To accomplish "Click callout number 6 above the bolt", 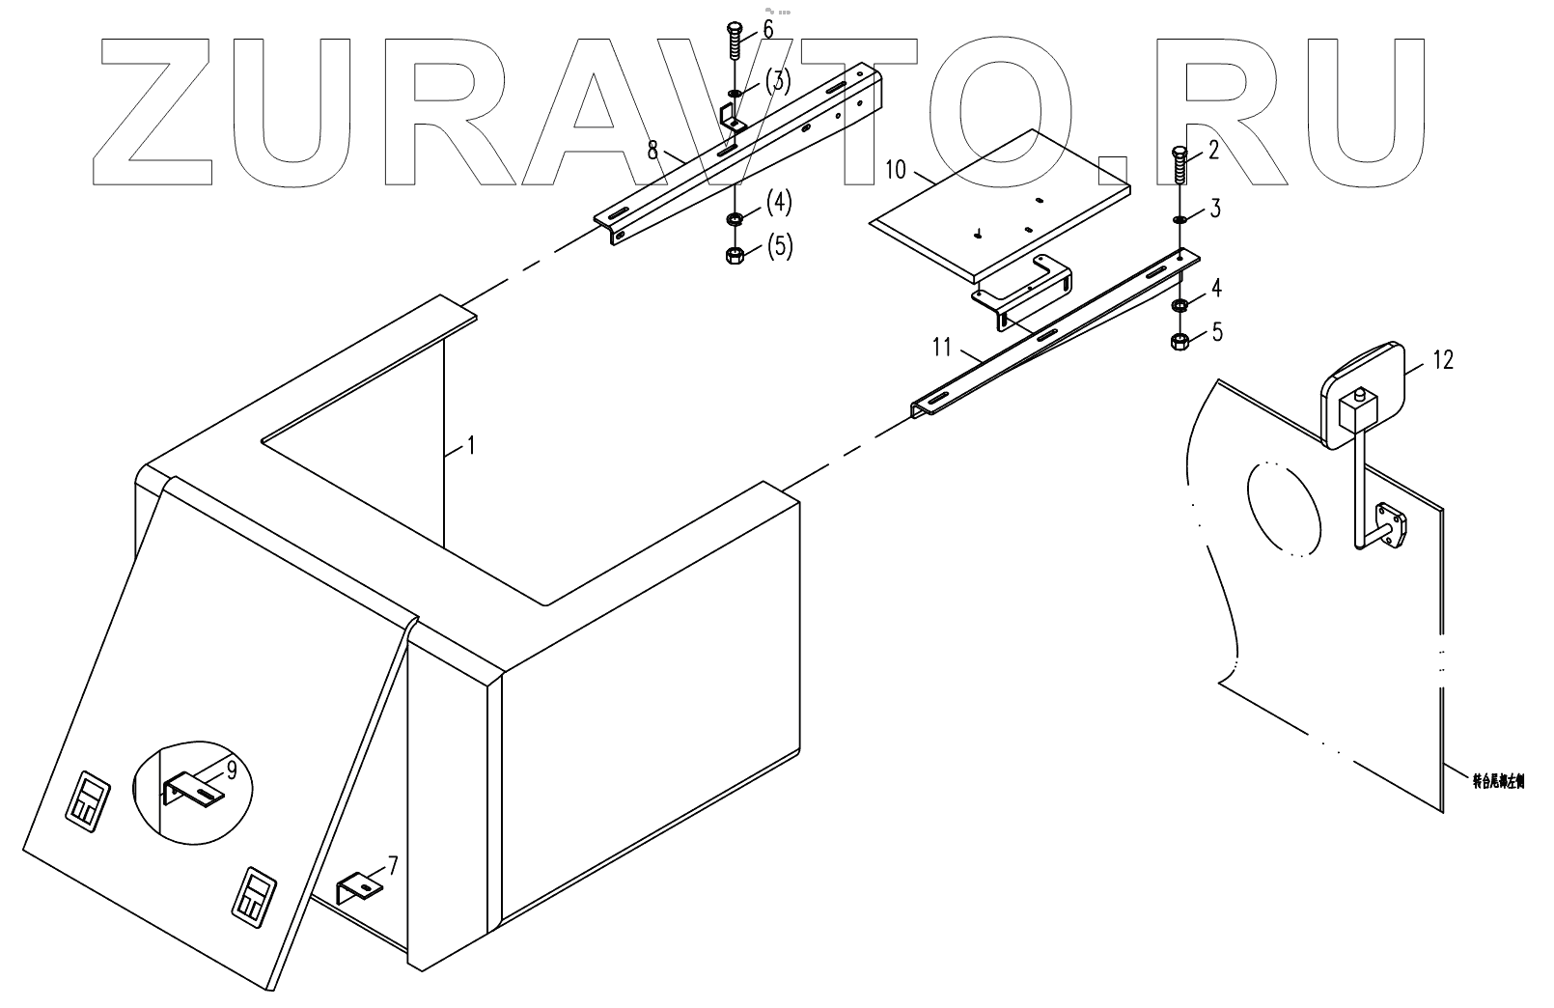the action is (767, 30).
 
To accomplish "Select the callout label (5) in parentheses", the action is (779, 247).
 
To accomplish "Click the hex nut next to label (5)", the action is (734, 256).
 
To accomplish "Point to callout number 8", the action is (652, 150).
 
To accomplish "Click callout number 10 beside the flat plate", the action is (896, 172).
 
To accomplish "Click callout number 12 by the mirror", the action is (1443, 360).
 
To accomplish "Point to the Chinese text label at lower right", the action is (1497, 783).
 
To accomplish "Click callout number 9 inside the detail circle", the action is (232, 770).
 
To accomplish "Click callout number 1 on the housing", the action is (470, 446).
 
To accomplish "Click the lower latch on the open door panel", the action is (254, 901).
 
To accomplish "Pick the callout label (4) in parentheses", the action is (779, 203).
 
